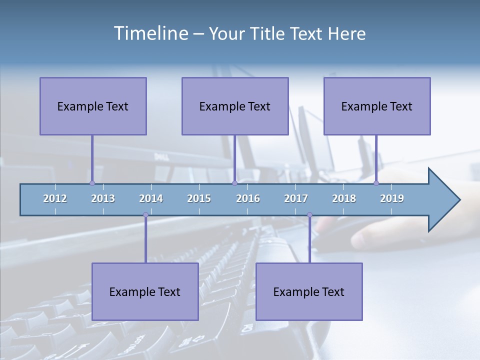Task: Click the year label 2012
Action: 55,198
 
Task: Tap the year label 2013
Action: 103,198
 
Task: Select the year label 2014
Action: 151,198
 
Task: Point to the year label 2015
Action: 199,198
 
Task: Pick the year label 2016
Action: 248,198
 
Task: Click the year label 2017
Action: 296,198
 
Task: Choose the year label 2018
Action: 344,198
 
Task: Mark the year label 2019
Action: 392,198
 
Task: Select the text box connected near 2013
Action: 93,106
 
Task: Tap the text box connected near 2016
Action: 235,106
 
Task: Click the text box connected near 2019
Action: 377,106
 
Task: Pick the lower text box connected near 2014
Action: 145,291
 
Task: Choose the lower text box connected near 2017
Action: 309,291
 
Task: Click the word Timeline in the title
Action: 150,33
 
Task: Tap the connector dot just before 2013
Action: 92,183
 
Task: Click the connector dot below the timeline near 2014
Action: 145,215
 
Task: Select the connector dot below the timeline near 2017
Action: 309,215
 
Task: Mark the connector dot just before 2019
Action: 376,183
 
